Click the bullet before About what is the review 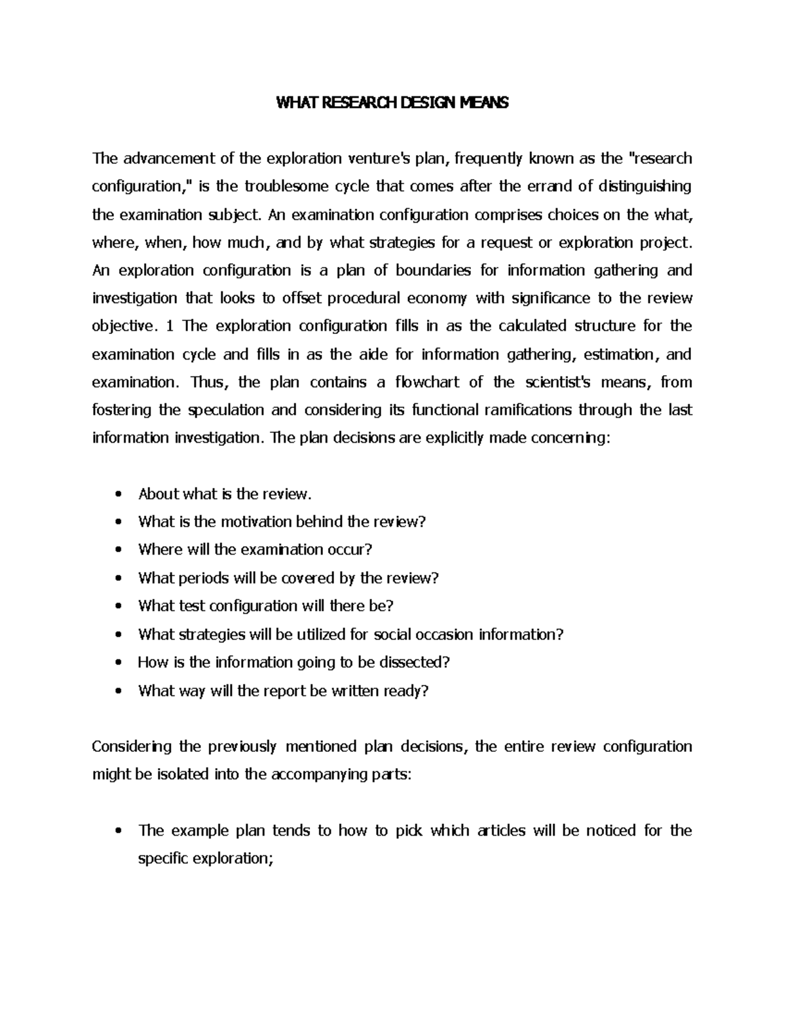(118, 494)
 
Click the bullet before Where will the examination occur (118, 550)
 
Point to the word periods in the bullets (202, 578)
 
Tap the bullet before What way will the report (118, 691)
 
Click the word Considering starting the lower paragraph (132, 747)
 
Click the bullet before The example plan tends (118, 832)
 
